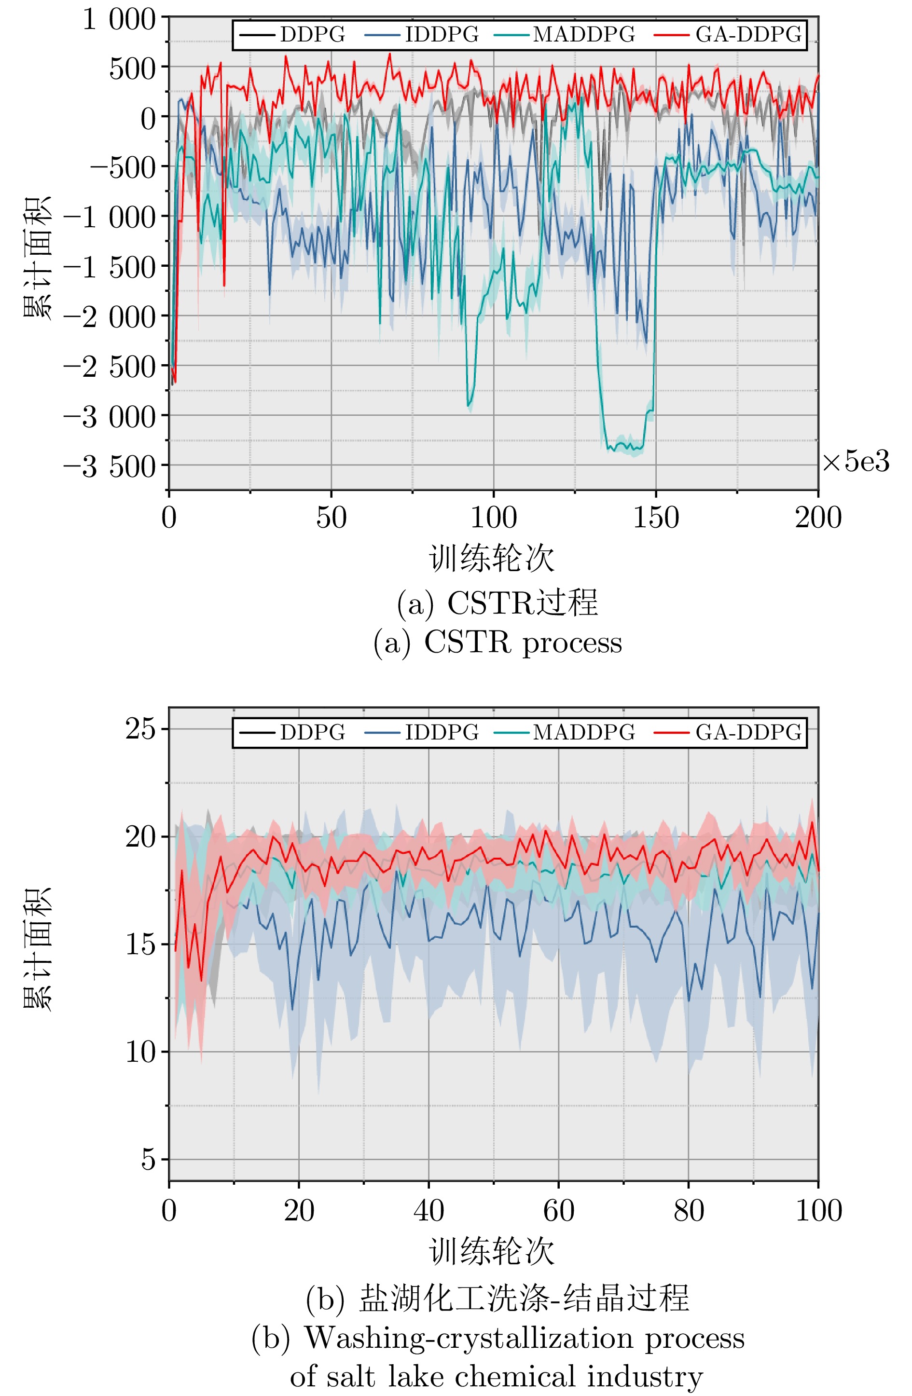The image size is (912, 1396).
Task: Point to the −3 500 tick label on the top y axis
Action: (110, 467)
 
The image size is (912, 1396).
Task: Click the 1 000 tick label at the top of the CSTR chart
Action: (119, 20)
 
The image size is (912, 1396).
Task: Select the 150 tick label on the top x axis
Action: (656, 517)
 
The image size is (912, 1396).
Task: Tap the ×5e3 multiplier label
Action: (856, 462)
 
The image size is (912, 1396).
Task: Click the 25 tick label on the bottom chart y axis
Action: (141, 730)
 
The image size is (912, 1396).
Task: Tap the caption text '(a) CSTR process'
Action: (497, 643)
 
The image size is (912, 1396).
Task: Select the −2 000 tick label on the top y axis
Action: (110, 318)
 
